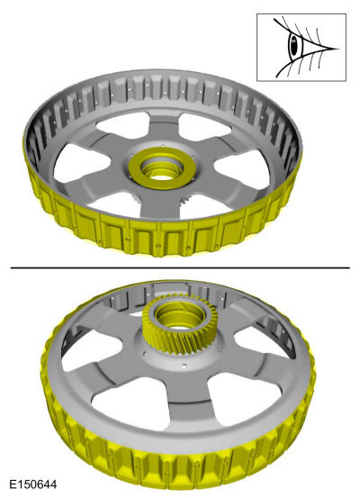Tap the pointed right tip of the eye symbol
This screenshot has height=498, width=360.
click(338, 49)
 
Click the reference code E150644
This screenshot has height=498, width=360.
click(33, 484)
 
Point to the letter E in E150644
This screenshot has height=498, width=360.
click(13, 484)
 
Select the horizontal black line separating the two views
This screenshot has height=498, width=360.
click(180, 268)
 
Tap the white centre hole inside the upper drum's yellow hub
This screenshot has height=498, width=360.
click(162, 177)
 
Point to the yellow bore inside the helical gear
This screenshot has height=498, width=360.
click(180, 318)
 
